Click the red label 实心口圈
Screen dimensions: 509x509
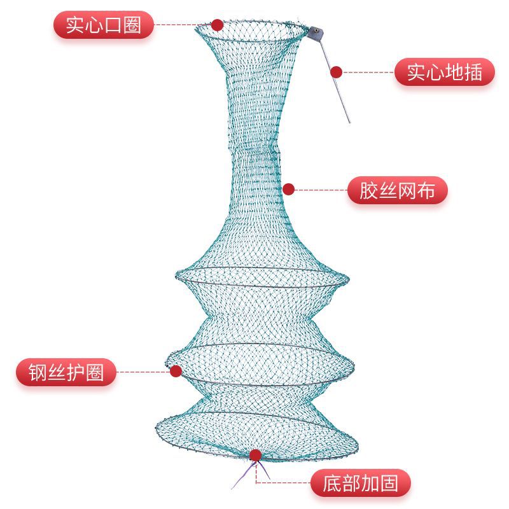[104, 26]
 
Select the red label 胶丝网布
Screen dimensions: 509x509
[398, 190]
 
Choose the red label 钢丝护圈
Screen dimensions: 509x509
[66, 372]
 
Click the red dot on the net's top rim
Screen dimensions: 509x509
[217, 25]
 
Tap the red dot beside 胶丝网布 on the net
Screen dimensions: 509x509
[289, 190]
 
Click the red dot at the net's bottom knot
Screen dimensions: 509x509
[255, 455]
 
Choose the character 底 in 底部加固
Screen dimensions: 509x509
[324, 484]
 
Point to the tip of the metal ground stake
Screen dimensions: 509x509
[349, 122]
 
